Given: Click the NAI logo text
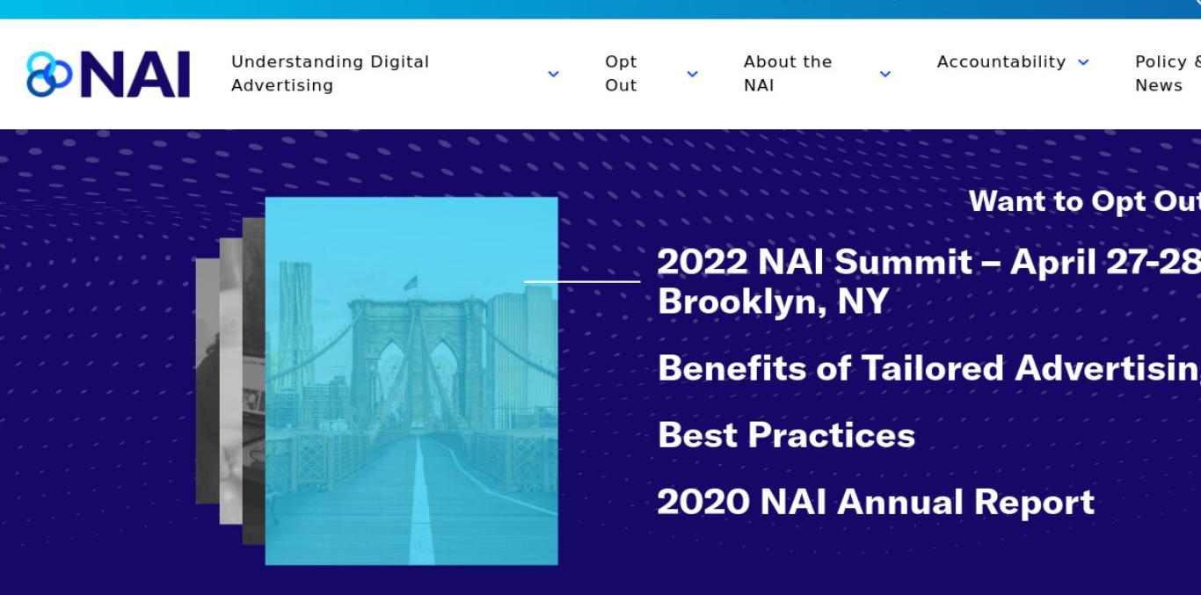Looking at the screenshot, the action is click(135, 75).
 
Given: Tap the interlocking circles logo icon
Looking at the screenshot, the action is click(49, 75).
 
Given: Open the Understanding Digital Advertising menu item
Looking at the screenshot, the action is click(331, 74).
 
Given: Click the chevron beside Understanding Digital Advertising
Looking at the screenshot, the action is click(553, 74).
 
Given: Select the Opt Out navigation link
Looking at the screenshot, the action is click(621, 74).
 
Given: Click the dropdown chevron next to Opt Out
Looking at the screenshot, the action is click(693, 74).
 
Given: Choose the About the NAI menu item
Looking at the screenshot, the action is click(788, 74).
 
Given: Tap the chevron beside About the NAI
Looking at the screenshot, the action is click(885, 74).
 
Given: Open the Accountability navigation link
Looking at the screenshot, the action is click(1001, 62).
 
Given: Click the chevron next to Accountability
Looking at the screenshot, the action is click(1083, 62).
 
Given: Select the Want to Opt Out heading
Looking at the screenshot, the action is click(1085, 201).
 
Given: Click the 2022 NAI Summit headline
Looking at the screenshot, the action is click(928, 262).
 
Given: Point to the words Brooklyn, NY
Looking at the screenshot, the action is click(773, 301).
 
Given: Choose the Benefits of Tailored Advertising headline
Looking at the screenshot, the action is click(929, 368).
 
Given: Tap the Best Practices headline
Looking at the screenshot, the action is click(786, 435).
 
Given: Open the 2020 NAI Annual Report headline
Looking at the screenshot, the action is click(876, 502).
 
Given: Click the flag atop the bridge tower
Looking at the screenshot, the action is click(411, 282).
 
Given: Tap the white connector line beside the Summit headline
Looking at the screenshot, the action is click(582, 281).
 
